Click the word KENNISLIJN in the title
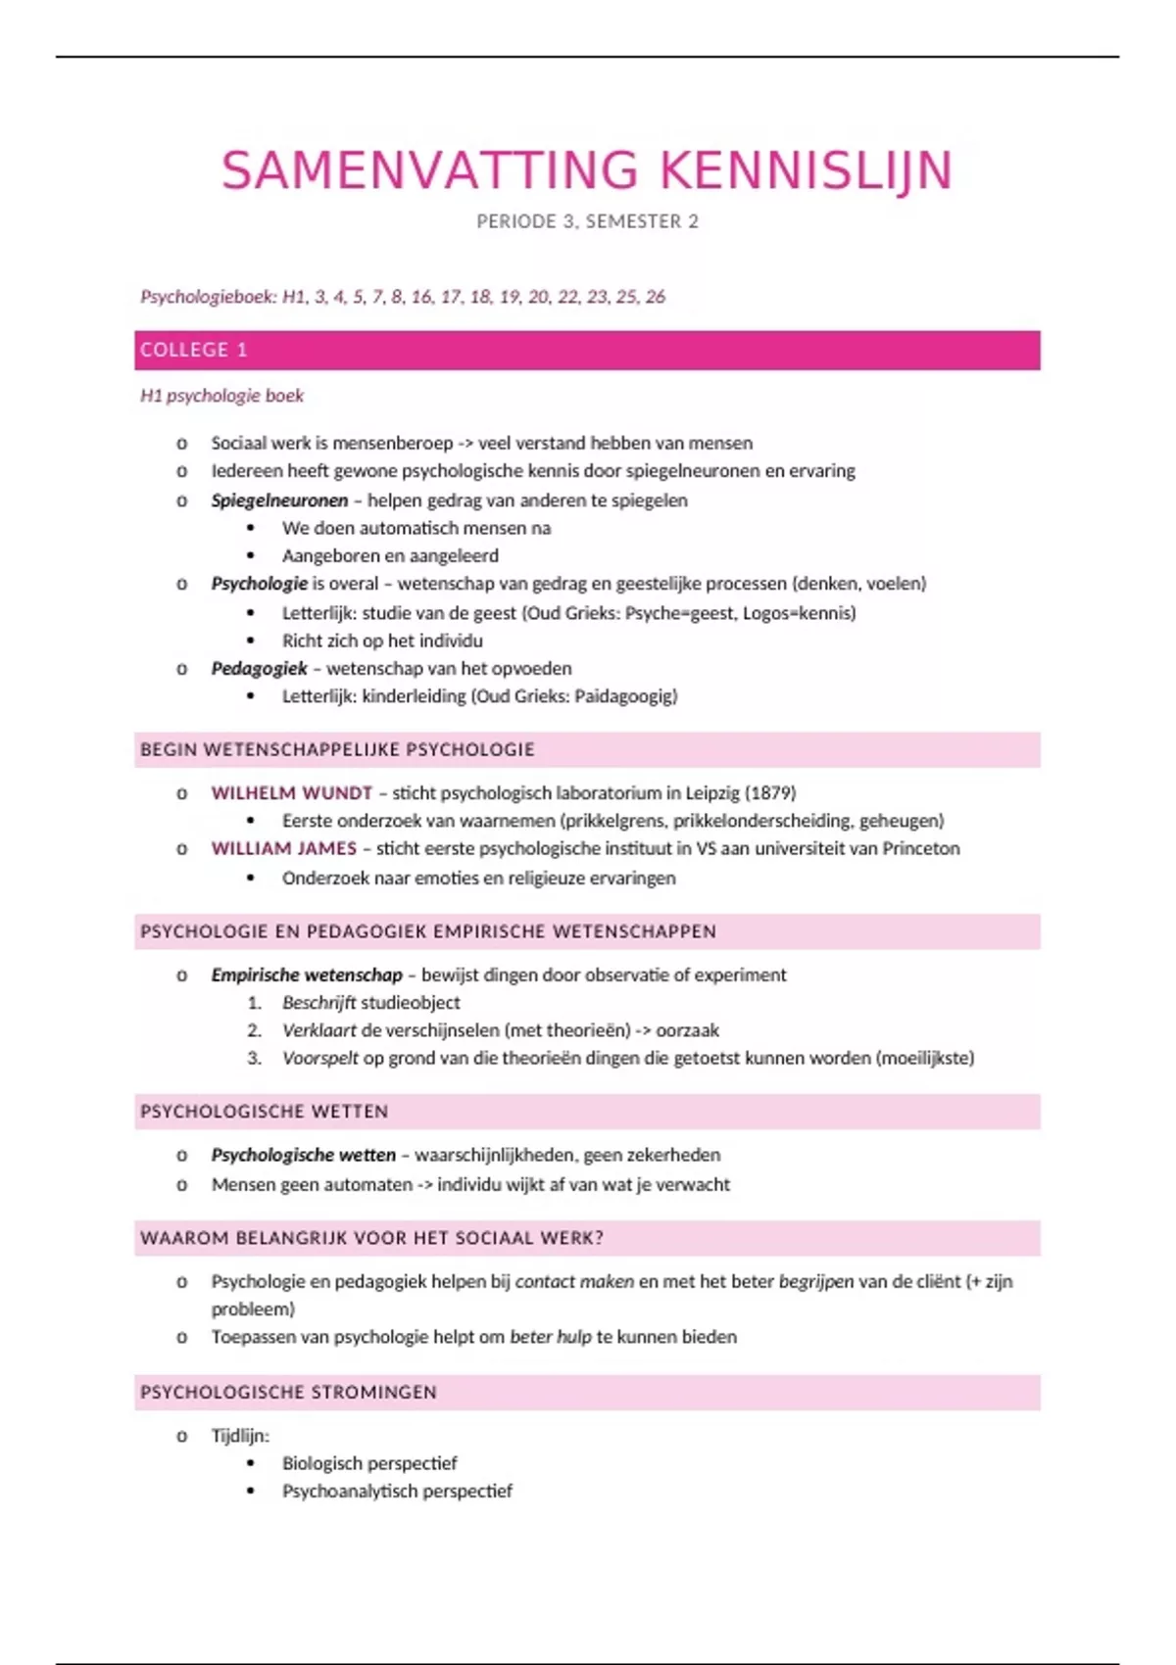point(806,170)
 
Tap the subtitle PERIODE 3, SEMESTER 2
point(587,221)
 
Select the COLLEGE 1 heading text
point(194,350)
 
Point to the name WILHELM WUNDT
point(292,792)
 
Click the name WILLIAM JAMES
point(284,848)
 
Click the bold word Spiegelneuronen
point(279,500)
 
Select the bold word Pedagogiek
point(259,668)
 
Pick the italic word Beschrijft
point(318,1002)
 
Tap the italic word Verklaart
point(319,1030)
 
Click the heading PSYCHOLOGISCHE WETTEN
point(265,1112)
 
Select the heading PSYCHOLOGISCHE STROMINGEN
point(288,1392)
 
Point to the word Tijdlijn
point(240,1436)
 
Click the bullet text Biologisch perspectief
point(369,1463)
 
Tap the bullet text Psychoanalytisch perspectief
point(397,1491)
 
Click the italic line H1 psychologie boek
point(221,396)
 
